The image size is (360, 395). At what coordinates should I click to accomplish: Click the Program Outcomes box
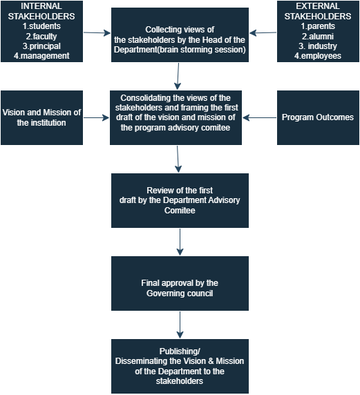tap(318, 117)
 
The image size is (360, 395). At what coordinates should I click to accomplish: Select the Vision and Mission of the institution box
tap(42, 117)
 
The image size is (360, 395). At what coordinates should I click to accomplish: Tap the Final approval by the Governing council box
tap(180, 283)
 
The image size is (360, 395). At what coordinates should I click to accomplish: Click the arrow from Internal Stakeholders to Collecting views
tap(97, 32)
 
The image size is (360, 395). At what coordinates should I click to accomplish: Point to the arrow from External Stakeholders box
tap(263, 32)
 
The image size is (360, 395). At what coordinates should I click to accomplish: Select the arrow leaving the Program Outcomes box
tap(259, 117)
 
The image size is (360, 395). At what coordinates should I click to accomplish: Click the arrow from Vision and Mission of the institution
tap(96, 117)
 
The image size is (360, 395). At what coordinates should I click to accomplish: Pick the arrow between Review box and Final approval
tap(180, 242)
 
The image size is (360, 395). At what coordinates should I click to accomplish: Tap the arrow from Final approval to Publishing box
tap(180, 325)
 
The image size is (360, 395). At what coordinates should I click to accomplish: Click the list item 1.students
tap(41, 26)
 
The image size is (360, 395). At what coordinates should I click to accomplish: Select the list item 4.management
tap(41, 56)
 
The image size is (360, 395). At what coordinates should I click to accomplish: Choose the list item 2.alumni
tap(318, 37)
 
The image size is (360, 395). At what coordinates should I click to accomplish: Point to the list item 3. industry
tap(318, 46)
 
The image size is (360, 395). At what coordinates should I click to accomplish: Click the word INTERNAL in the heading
tap(41, 6)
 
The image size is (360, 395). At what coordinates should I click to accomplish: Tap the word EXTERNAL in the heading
tap(318, 6)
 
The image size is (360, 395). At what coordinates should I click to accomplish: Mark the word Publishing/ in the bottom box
tap(180, 351)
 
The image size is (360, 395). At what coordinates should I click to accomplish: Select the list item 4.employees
tap(318, 56)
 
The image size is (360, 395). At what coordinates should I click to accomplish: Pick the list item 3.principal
tap(41, 46)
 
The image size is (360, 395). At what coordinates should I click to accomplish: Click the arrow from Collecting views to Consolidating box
tap(178, 76)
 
